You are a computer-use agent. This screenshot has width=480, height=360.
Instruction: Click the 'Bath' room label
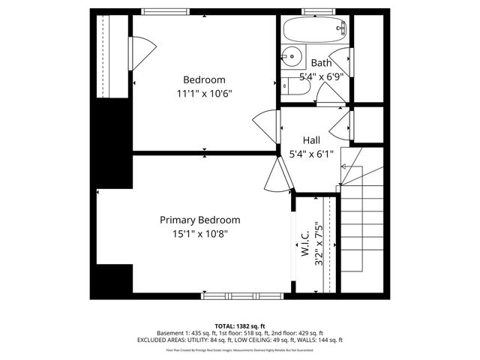click(x=321, y=63)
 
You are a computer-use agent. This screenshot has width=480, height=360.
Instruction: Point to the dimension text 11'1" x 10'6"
click(x=205, y=94)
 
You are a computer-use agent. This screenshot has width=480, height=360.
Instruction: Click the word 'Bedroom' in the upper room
click(x=205, y=79)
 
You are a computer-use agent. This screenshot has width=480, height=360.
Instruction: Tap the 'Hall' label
click(x=312, y=139)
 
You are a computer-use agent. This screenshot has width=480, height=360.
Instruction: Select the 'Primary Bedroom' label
click(x=199, y=220)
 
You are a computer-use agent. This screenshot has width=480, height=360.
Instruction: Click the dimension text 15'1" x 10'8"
click(x=199, y=233)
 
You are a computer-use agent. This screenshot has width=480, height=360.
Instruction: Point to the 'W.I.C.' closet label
click(x=305, y=244)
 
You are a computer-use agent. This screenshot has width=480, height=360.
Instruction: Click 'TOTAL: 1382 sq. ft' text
click(x=239, y=325)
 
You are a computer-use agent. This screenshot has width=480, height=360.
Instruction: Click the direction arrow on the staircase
click(x=346, y=166)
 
